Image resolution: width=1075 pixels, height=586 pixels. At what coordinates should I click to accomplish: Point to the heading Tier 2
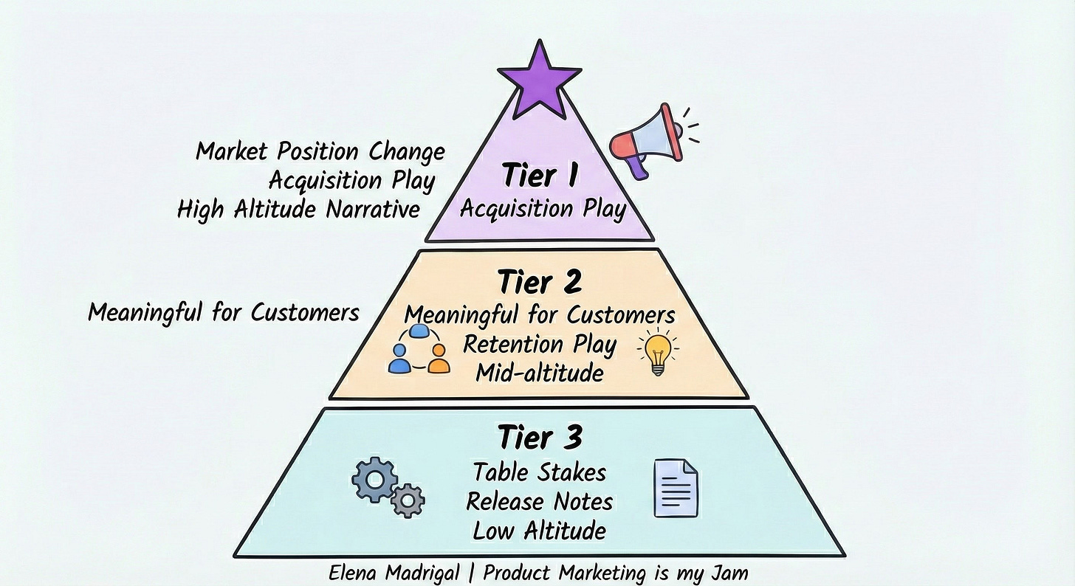(x=539, y=282)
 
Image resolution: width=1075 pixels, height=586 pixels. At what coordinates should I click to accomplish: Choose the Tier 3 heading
(x=539, y=438)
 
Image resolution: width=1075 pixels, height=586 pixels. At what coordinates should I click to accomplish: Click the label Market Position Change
(x=320, y=152)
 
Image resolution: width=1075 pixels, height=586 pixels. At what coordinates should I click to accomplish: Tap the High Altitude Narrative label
(x=298, y=210)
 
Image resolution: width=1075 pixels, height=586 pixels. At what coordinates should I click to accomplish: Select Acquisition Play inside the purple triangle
(x=543, y=209)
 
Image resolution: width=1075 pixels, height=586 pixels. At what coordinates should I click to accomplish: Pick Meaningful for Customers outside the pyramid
(x=223, y=312)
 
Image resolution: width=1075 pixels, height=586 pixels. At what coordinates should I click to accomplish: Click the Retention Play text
(x=539, y=344)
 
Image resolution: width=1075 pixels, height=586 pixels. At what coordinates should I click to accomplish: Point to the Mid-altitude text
(x=539, y=373)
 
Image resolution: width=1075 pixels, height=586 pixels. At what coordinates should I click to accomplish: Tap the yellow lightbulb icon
(x=656, y=354)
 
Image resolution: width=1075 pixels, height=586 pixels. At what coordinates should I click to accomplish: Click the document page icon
(x=676, y=487)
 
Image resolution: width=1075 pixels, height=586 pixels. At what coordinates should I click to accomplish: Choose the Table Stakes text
(x=539, y=472)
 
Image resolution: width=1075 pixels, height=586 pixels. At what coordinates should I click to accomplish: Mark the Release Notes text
(x=539, y=502)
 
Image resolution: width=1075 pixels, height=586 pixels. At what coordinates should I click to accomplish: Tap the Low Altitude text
(x=539, y=531)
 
